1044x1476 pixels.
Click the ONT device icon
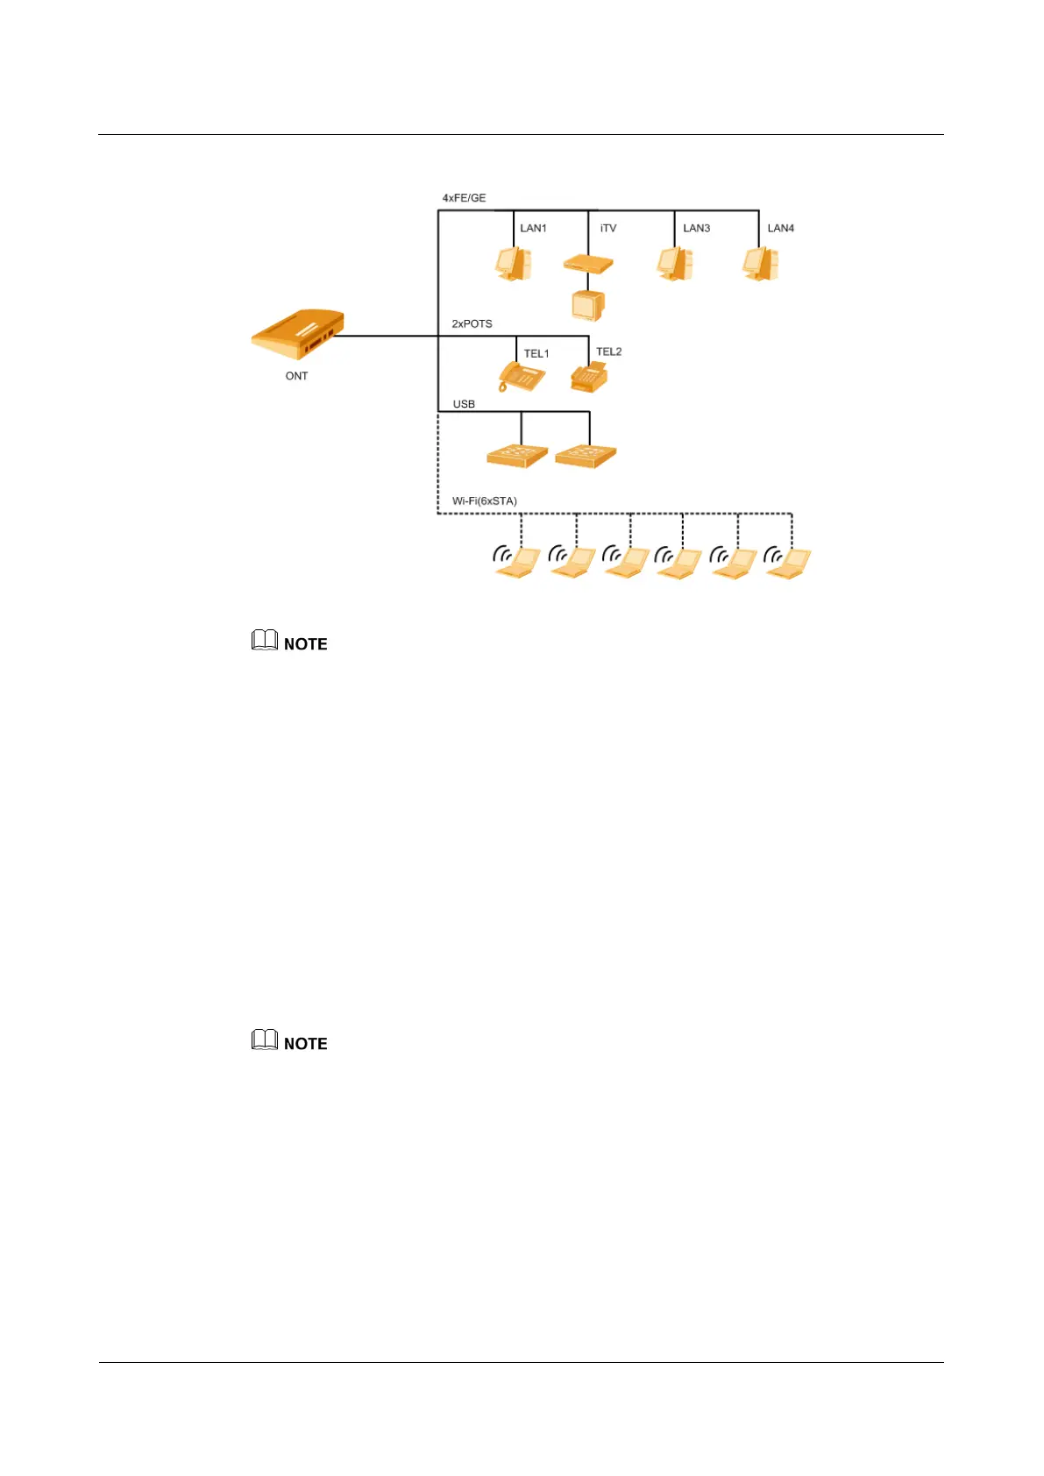tap(297, 334)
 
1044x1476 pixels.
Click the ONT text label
tap(296, 376)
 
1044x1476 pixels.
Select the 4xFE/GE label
tap(464, 198)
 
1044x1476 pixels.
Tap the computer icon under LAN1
tap(514, 263)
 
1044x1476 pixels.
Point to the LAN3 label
tap(696, 228)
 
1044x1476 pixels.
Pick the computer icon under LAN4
tap(761, 263)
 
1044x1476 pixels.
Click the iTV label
tap(608, 228)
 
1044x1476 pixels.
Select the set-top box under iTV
tap(587, 263)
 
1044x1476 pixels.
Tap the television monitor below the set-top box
tap(587, 305)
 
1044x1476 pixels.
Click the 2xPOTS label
tap(472, 323)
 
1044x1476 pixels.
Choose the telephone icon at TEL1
tap(521, 377)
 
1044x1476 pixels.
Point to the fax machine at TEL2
tap(589, 377)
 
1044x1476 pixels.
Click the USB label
tap(464, 404)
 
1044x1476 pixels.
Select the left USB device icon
tap(517, 455)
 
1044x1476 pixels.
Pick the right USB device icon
tap(586, 455)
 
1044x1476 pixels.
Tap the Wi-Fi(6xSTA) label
tap(484, 501)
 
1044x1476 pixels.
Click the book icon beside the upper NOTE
tap(265, 641)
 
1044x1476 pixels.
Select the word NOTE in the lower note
tap(306, 1044)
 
